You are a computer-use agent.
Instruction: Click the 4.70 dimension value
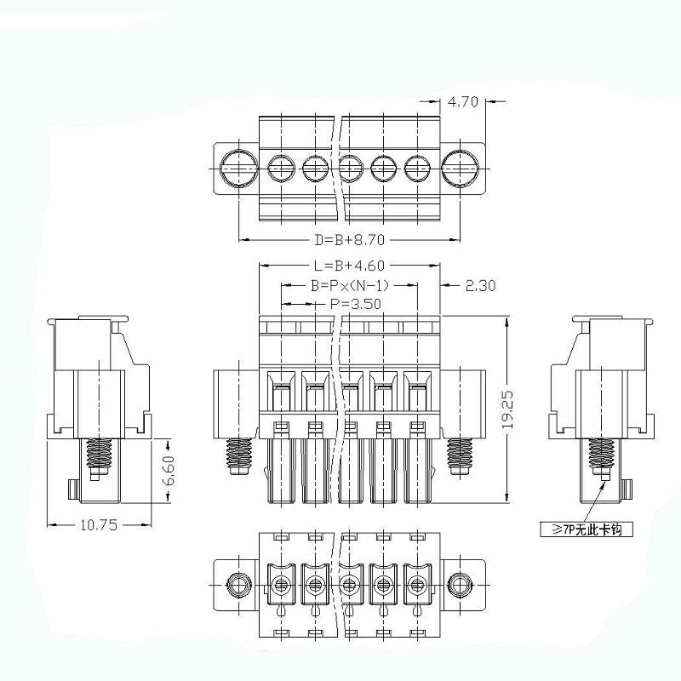[463, 102]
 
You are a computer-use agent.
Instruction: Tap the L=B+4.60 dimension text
[349, 266]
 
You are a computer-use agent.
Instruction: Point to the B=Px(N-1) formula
[349, 285]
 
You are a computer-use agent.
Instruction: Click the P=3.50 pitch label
[355, 304]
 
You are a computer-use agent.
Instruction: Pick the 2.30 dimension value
[480, 285]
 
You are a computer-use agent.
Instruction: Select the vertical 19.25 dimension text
[508, 410]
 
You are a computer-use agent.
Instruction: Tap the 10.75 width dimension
[99, 525]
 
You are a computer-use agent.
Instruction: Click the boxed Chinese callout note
[587, 529]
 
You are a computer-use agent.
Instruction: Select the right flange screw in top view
[461, 168]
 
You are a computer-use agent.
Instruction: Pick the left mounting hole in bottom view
[237, 585]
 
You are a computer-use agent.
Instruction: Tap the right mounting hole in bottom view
[461, 585]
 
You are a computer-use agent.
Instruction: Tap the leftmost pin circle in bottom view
[282, 585]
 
